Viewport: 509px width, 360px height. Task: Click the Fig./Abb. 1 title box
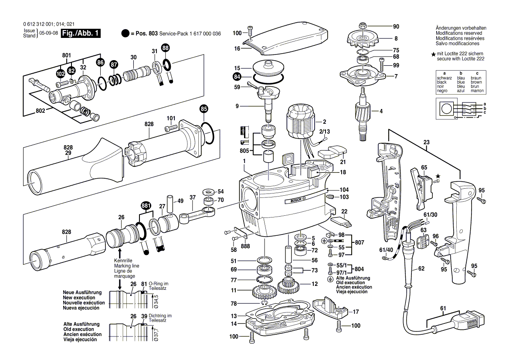click(x=81, y=34)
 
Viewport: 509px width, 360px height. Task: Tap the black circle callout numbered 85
click(x=204, y=108)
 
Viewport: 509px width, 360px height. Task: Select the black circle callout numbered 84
click(x=237, y=77)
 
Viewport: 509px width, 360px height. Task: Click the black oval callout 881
click(x=146, y=206)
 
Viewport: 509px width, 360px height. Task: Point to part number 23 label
click(x=426, y=142)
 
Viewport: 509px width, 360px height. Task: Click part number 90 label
click(x=396, y=26)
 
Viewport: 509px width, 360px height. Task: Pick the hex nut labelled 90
click(x=363, y=25)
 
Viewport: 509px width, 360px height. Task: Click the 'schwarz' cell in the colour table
click(x=444, y=78)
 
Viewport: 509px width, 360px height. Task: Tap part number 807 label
click(x=360, y=242)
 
